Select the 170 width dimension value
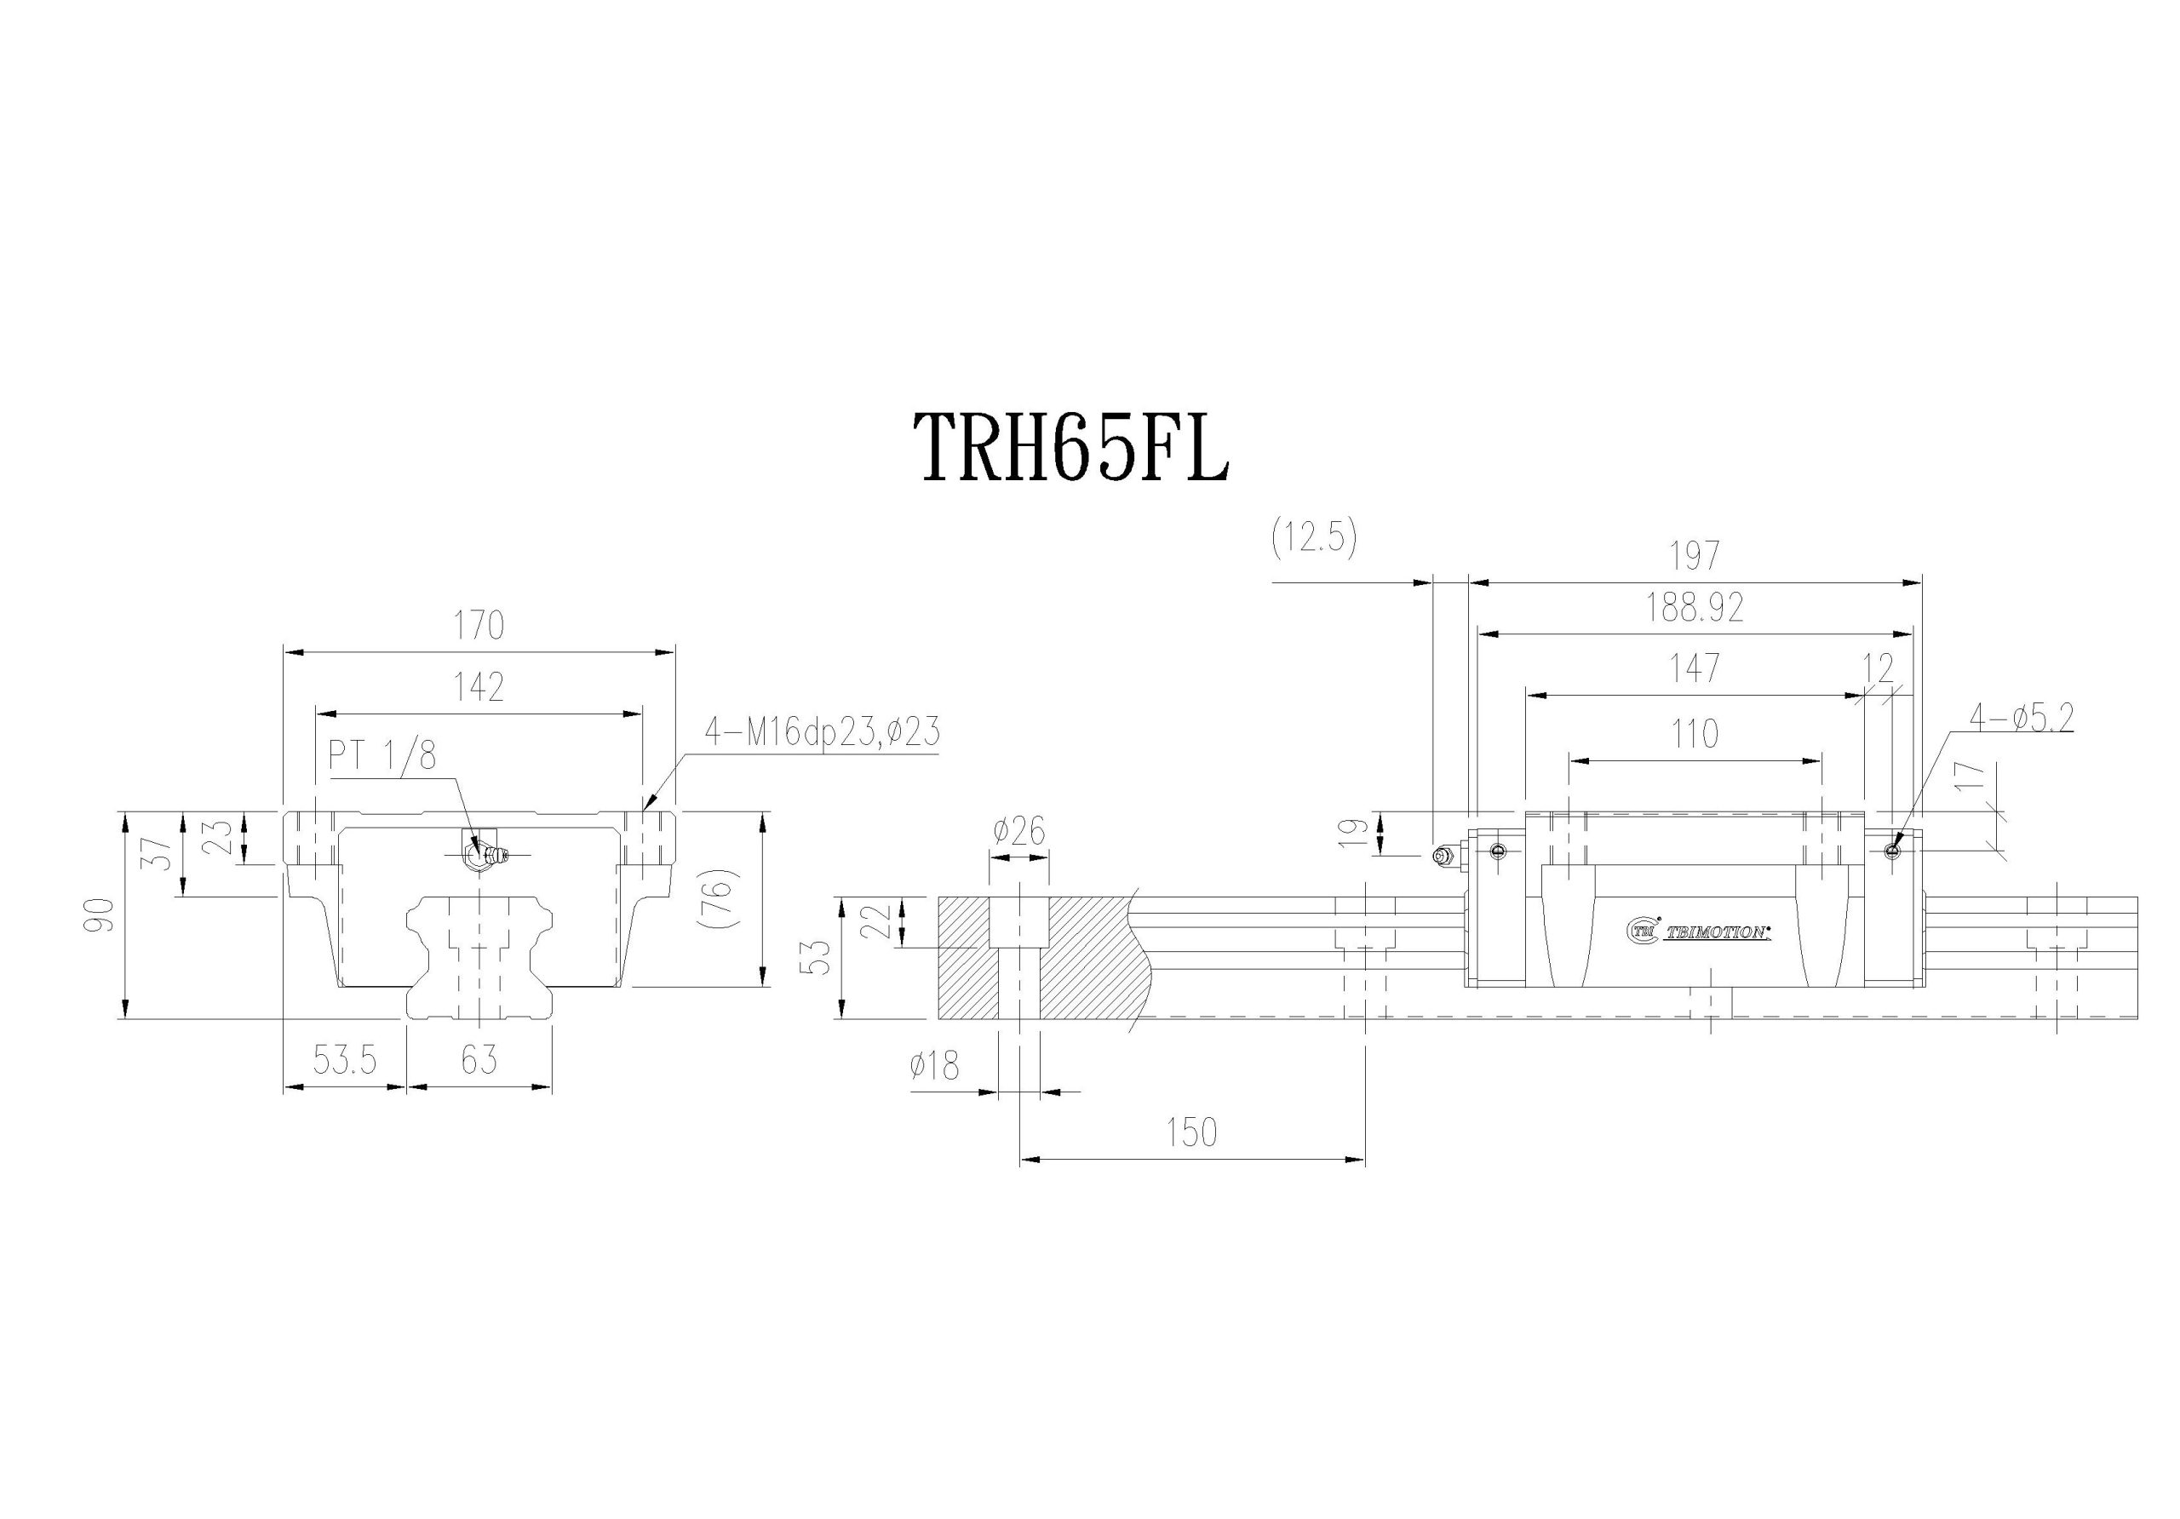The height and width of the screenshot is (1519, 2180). [479, 627]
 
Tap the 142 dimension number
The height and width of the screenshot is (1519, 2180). [479, 687]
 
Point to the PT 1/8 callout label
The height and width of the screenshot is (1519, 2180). [381, 757]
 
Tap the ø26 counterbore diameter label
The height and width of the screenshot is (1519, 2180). [1018, 833]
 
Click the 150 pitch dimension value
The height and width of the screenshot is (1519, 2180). [1191, 1132]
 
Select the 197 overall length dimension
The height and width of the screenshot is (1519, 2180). [1695, 556]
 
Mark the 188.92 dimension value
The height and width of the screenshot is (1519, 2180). [1695, 609]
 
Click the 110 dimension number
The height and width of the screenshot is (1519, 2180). [1695, 735]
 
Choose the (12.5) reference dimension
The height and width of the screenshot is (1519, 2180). [1314, 539]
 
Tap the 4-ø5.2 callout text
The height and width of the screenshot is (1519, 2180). [2021, 718]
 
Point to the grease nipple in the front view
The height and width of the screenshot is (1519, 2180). [485, 855]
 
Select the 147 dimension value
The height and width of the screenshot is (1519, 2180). [1695, 669]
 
